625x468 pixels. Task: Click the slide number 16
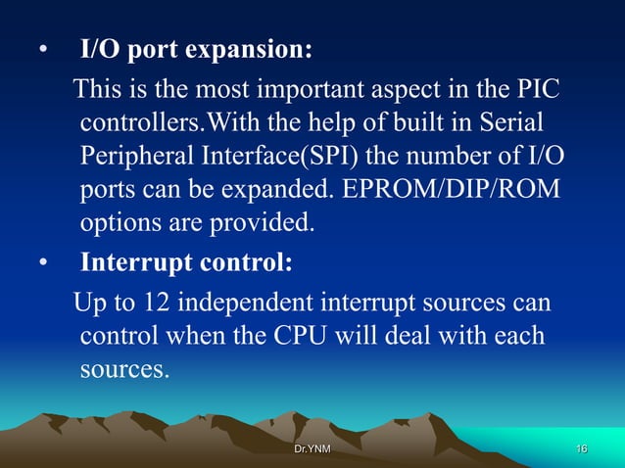click(582, 448)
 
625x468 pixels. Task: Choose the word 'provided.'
click(267, 223)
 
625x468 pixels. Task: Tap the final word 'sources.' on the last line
click(124, 370)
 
